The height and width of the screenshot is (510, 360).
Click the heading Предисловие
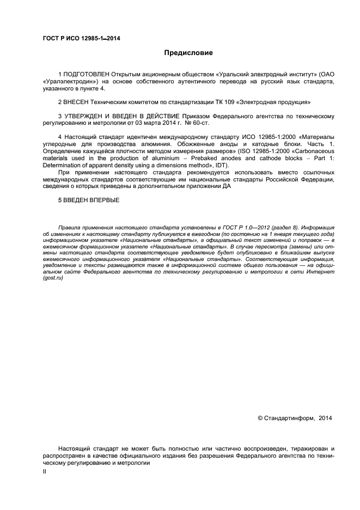(188, 53)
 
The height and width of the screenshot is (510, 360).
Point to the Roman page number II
(45, 472)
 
